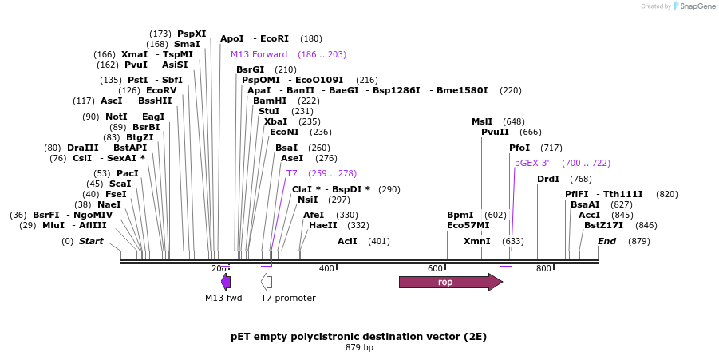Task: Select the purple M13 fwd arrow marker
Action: [x=226, y=281]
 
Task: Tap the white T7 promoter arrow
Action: [x=267, y=281]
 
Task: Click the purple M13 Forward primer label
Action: [x=259, y=54]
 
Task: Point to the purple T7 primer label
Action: [x=292, y=173]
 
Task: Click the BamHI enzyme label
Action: [x=270, y=101]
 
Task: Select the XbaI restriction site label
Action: [x=276, y=121]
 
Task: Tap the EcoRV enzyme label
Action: [x=161, y=90]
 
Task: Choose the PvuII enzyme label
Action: [x=495, y=132]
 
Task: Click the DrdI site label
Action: [x=548, y=179]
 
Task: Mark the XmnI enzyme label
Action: [x=477, y=241]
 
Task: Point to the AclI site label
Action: [x=347, y=241]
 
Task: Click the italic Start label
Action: [x=91, y=241]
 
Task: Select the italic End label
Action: [x=606, y=241]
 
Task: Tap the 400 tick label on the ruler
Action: [x=326, y=268]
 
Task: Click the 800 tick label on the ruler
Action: [x=543, y=268]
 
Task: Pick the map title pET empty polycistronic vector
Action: [x=358, y=336]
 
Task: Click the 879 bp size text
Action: [x=359, y=347]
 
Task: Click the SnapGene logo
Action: [x=691, y=6]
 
